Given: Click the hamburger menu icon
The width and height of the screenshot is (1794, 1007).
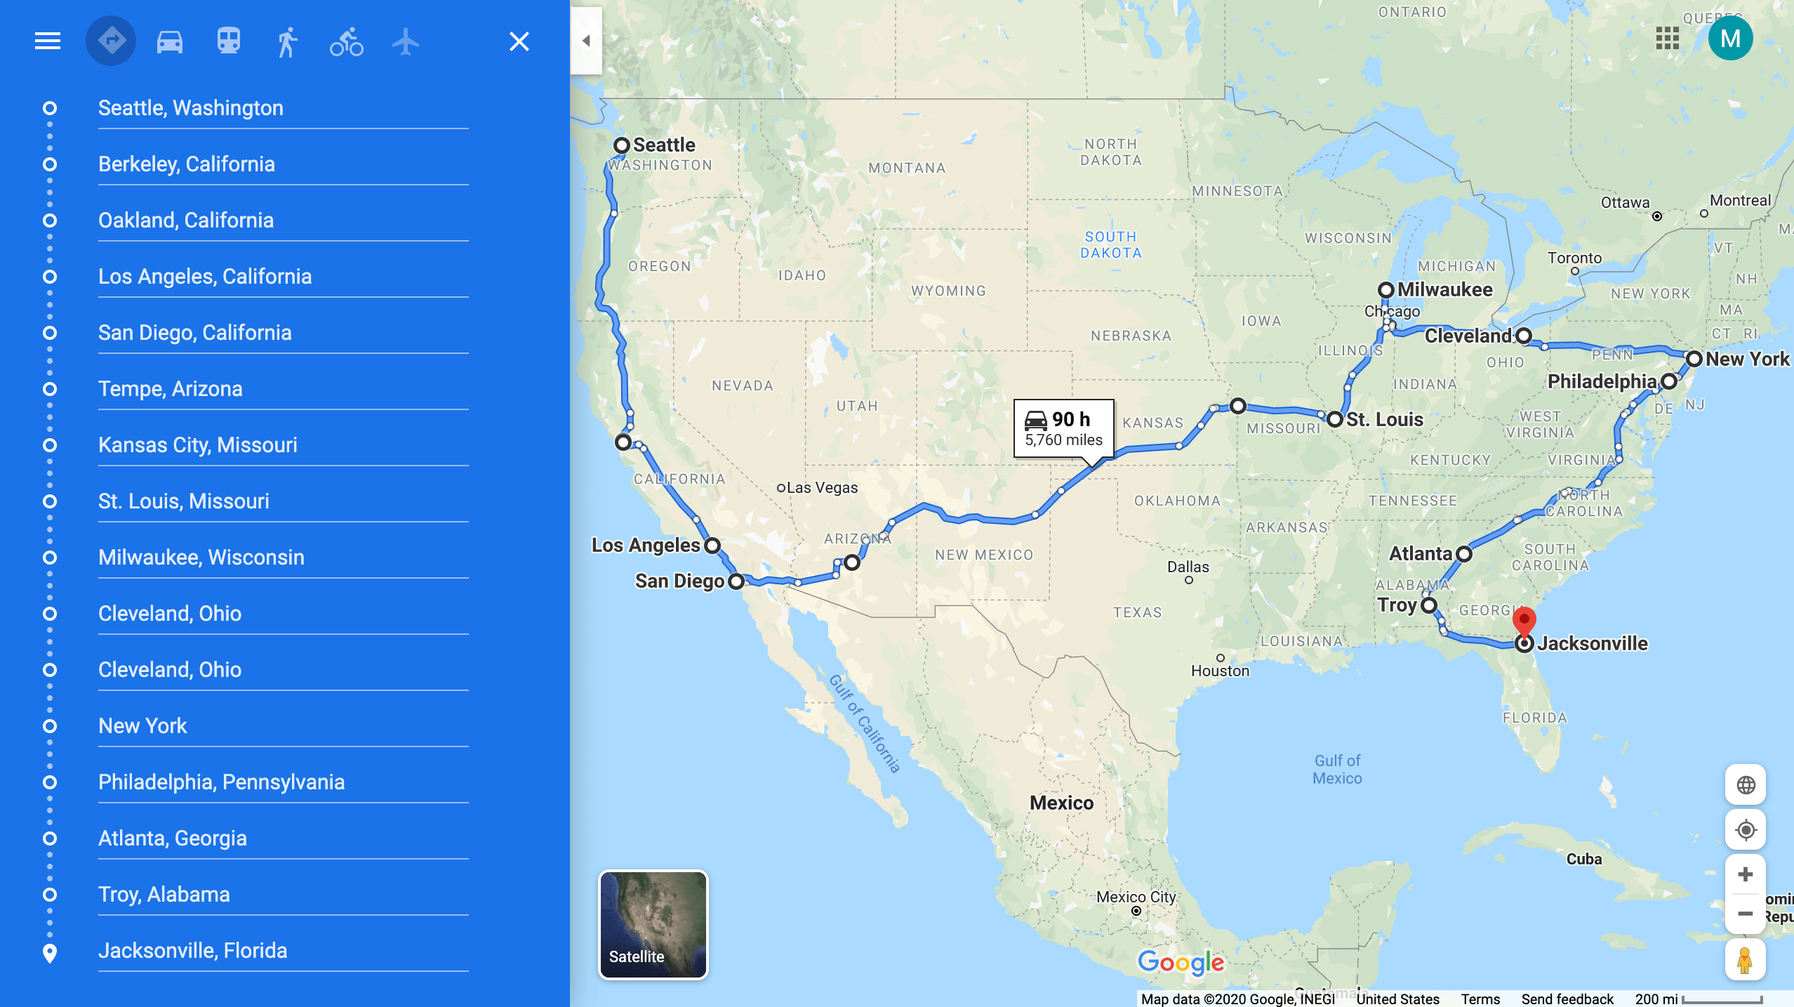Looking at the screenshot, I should click(x=48, y=41).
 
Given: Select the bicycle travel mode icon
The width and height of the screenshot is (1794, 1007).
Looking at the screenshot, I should click(x=347, y=41).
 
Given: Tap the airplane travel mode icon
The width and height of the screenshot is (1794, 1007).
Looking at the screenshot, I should click(x=406, y=41).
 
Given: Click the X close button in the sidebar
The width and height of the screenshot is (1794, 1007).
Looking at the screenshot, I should click(x=519, y=41).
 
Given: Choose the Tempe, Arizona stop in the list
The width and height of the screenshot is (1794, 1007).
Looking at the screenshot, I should click(x=171, y=388).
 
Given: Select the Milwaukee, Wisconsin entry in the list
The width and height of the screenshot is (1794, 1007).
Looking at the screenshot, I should click(x=201, y=557).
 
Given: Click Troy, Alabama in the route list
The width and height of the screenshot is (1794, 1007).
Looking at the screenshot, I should click(x=164, y=894).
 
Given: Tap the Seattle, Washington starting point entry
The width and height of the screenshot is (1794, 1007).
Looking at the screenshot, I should click(x=191, y=107).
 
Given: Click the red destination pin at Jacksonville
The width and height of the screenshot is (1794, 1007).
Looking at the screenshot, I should click(x=1524, y=621).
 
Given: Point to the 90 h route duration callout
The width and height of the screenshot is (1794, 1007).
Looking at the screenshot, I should click(x=1063, y=428).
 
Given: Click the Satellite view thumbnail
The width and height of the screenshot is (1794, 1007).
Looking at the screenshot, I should click(x=653, y=924).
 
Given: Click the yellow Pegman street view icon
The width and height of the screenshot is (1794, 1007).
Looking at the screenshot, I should click(x=1745, y=959).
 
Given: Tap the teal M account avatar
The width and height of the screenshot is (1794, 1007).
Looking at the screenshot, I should click(x=1730, y=39).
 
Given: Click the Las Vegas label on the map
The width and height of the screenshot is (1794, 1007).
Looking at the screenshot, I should click(x=822, y=487).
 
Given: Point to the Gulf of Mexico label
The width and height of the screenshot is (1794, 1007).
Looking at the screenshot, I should click(x=1337, y=769).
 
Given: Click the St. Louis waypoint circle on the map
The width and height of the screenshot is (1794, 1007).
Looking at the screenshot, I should click(x=1335, y=419).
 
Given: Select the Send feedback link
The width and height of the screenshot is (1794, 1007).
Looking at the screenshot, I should click(x=1567, y=999).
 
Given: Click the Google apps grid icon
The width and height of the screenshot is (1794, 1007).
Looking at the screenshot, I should click(x=1667, y=39).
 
